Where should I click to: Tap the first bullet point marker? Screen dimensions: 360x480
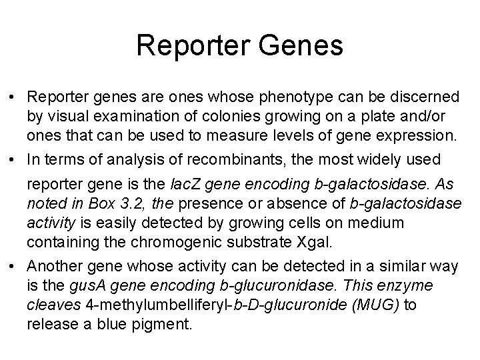point(14,97)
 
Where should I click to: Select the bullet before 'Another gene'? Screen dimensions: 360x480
point(14,267)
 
